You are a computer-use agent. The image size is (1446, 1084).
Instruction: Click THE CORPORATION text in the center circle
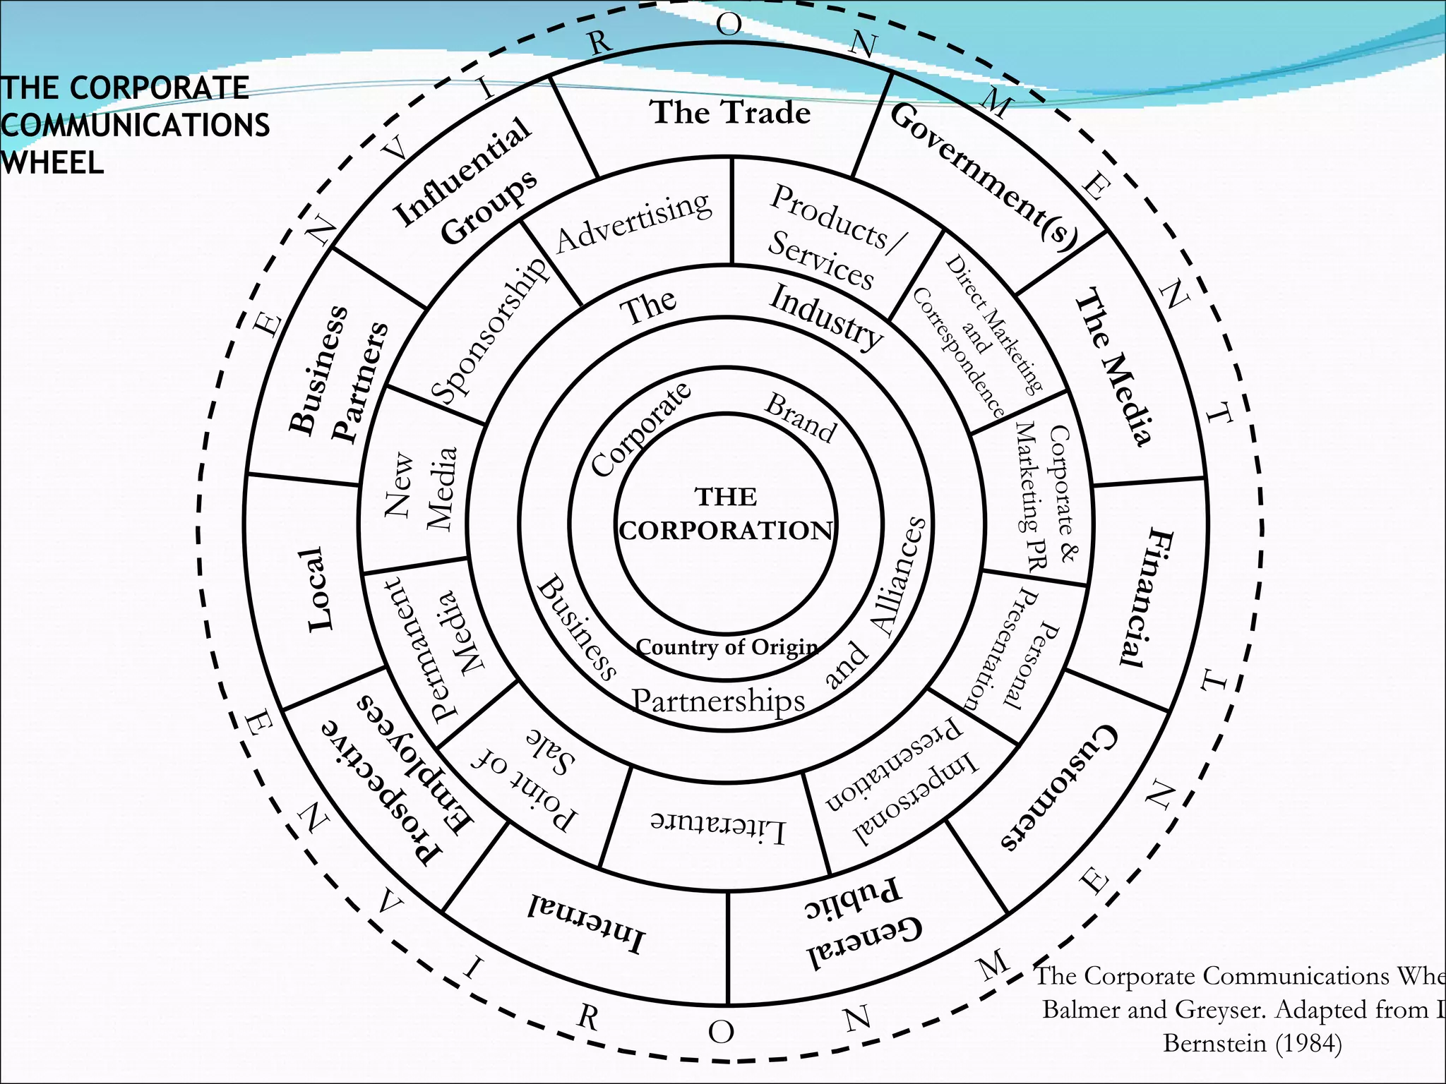(x=726, y=514)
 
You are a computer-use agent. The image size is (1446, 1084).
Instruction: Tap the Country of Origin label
(x=727, y=647)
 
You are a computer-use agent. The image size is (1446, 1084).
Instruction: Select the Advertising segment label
(x=633, y=222)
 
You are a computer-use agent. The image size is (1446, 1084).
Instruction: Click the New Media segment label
(x=421, y=488)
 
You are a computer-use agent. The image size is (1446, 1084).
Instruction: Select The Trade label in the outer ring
(x=730, y=113)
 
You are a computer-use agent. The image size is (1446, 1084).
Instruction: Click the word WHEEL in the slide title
(x=52, y=163)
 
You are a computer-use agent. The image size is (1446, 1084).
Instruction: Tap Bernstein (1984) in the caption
(x=1252, y=1042)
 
